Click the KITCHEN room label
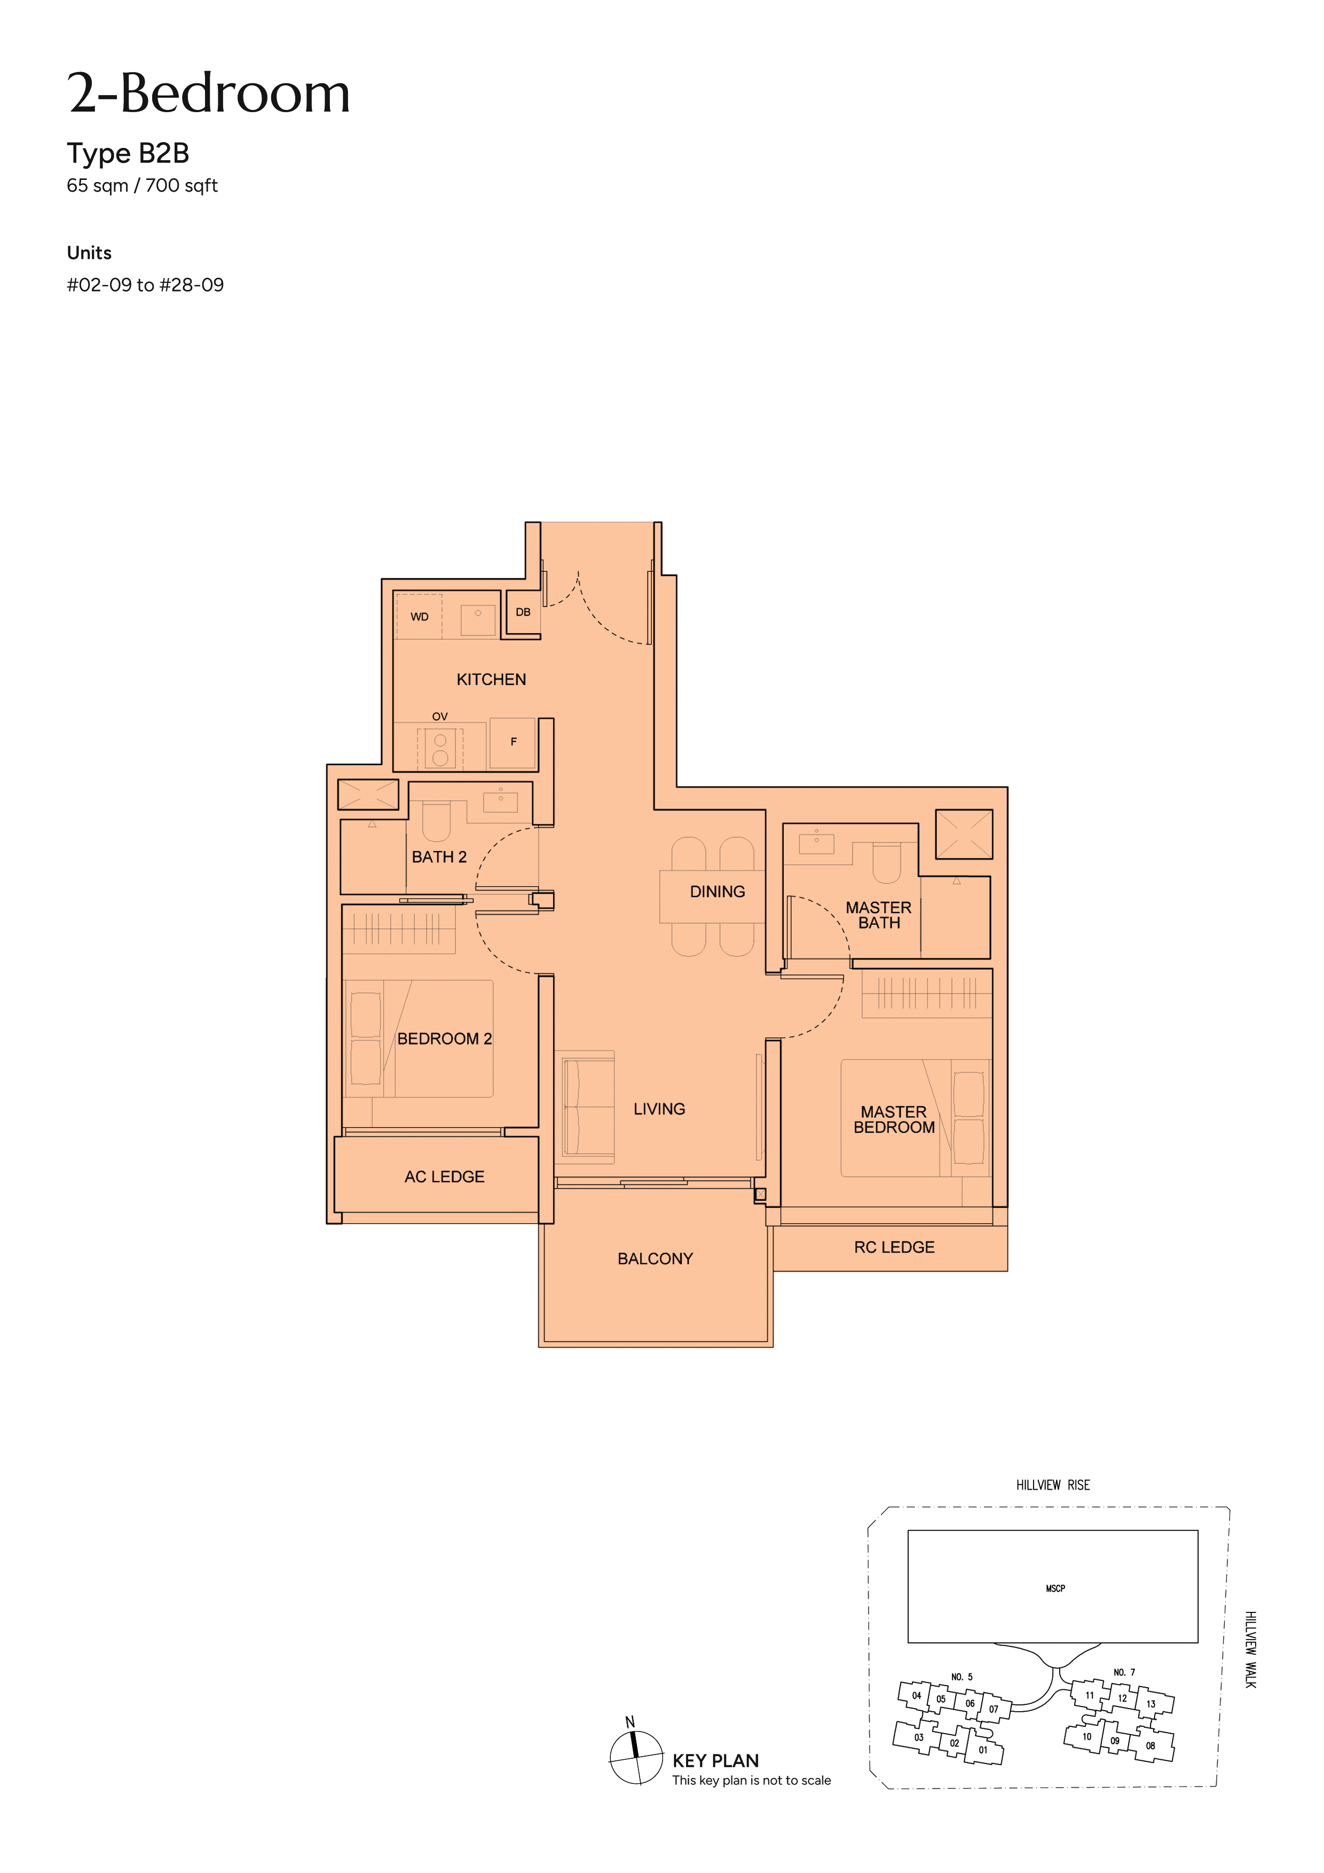tap(491, 680)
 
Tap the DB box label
tap(523, 612)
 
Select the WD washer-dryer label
tap(419, 617)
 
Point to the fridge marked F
tap(513, 742)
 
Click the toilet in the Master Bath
tap(887, 863)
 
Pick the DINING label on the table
tap(717, 892)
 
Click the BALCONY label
tap(655, 1259)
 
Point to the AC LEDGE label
tap(445, 1176)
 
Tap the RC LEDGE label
tap(894, 1247)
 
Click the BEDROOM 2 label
tap(445, 1038)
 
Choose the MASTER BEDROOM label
tap(894, 1119)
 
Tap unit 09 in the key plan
tap(1114, 1741)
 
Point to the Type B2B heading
tap(128, 153)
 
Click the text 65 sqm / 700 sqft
tap(142, 186)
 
